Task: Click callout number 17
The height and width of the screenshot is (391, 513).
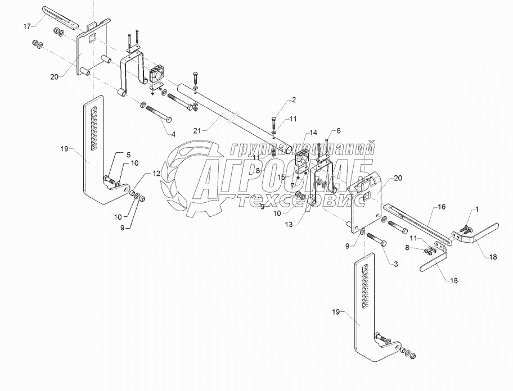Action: [x=27, y=26]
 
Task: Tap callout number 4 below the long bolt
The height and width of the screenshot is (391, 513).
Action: [x=173, y=134]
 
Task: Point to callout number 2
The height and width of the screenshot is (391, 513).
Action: [x=294, y=100]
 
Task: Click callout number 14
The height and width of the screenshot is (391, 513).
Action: [x=313, y=132]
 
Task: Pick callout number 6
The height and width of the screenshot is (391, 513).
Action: [x=338, y=131]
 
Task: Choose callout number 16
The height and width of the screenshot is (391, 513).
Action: [x=442, y=207]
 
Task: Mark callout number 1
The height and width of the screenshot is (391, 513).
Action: [x=476, y=210]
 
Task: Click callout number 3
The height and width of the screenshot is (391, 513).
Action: [x=395, y=264]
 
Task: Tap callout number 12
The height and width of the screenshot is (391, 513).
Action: [x=156, y=174]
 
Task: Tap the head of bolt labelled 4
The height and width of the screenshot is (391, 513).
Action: [x=169, y=120]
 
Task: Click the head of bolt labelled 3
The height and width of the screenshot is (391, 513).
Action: [x=384, y=243]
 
